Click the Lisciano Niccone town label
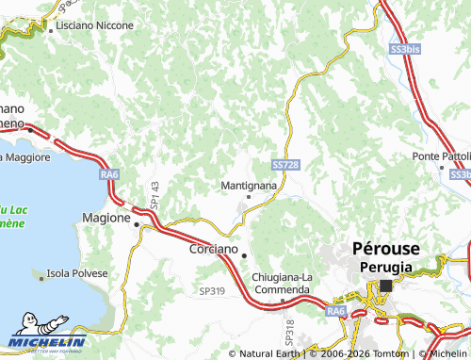[x=94, y=25]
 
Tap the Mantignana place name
[x=248, y=186]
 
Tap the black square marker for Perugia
[x=385, y=285]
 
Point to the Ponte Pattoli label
[x=440, y=155]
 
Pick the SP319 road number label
[x=212, y=292]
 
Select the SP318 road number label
[x=289, y=332]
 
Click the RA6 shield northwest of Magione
[x=110, y=174]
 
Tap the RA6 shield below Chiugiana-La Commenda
[x=336, y=310]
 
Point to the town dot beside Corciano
[x=243, y=254]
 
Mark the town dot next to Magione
[x=137, y=225]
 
